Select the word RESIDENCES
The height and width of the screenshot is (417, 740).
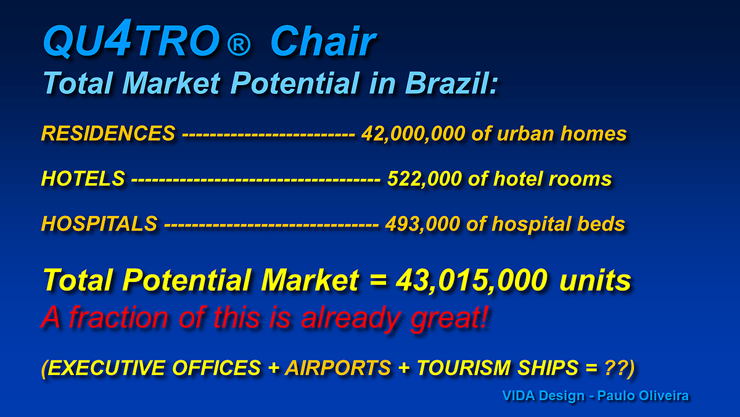109,133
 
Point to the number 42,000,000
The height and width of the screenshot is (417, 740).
414,134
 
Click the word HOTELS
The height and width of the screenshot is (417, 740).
83,179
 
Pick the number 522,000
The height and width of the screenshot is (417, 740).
424,179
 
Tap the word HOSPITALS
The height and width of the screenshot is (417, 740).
99,224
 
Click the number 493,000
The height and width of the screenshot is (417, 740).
423,224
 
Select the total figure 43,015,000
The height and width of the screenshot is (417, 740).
472,280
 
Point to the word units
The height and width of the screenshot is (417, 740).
595,280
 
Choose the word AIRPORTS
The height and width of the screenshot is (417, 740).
339,368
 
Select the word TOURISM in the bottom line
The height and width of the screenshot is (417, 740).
464,368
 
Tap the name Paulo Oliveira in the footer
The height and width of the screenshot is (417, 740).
643,395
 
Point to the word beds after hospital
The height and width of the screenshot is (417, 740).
601,224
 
